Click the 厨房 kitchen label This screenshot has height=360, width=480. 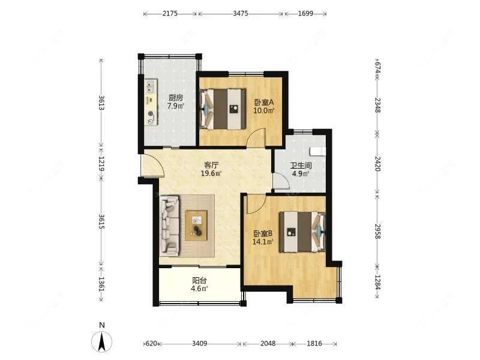click(176, 98)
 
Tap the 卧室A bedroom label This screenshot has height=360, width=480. click(263, 102)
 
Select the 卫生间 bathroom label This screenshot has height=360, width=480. click(301, 166)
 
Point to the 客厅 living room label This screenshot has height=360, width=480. click(211, 166)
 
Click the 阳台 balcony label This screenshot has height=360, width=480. click(199, 280)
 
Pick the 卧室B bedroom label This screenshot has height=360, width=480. click(263, 233)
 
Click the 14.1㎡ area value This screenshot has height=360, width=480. click(263, 242)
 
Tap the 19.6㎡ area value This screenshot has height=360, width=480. click(211, 173)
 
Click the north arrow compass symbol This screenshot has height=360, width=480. click(101, 341)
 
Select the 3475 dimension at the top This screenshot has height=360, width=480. click(241, 13)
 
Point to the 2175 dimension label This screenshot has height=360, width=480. click(170, 13)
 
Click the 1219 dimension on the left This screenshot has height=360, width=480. click(101, 164)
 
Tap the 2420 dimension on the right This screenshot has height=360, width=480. click(377, 164)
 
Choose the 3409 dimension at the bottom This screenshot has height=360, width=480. click(200, 343)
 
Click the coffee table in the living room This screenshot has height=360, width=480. click(197, 225)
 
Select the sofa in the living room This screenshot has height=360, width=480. click(169, 226)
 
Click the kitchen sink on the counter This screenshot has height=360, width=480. click(150, 86)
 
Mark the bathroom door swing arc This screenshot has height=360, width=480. click(281, 181)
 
